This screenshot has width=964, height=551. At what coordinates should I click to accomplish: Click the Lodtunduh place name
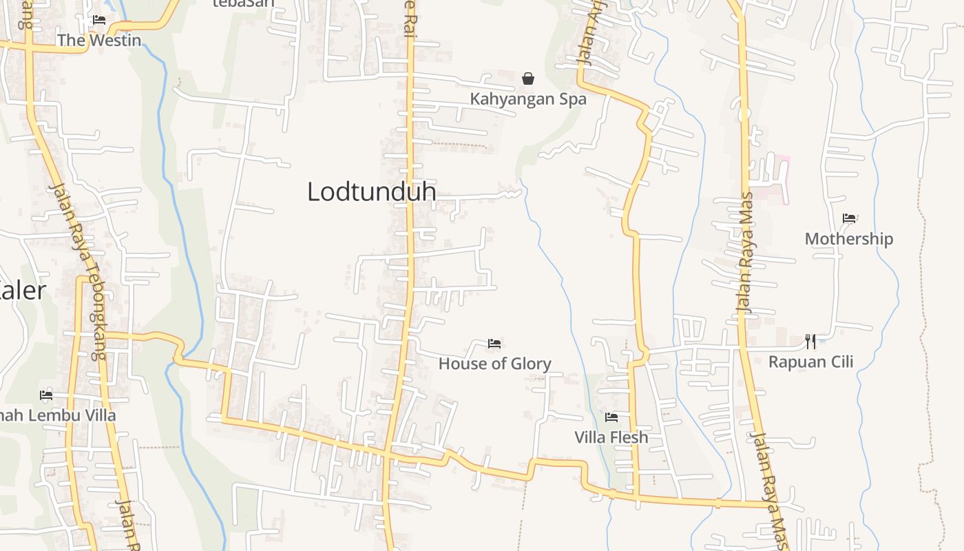[372, 191]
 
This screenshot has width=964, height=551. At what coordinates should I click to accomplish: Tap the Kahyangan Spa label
[528, 99]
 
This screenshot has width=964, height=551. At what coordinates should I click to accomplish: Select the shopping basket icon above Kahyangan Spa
[528, 79]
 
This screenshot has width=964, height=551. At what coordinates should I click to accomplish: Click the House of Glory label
[494, 364]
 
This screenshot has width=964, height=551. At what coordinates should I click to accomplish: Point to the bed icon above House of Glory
[494, 343]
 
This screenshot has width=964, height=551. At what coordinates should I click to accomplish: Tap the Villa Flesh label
[611, 437]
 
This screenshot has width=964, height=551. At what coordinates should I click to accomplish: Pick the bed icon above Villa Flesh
[611, 417]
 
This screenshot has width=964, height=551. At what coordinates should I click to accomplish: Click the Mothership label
[849, 239]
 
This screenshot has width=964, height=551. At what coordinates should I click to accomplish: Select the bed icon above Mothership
[849, 218]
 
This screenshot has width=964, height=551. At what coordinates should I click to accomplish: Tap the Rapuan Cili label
[810, 362]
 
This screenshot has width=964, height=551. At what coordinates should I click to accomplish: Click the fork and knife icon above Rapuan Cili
[810, 341]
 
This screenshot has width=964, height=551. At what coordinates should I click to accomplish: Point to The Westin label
[99, 40]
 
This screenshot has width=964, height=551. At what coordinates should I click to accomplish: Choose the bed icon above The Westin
[99, 19]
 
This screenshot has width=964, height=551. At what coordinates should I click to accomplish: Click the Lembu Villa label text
[58, 416]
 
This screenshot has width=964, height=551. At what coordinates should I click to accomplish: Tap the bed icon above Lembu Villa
[46, 395]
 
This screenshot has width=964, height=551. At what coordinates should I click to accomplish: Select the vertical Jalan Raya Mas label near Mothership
[746, 262]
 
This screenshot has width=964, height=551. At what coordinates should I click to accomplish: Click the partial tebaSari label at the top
[243, 3]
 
